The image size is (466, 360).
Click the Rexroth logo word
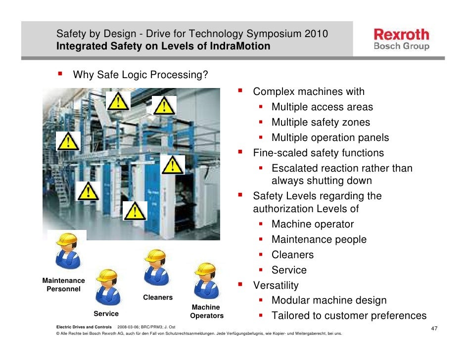(x=401, y=35)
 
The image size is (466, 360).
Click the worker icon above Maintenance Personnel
(x=67, y=252)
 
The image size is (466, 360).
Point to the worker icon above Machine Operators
(x=204, y=282)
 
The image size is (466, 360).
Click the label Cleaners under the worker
(x=158, y=297)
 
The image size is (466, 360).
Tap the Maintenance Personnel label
(x=63, y=284)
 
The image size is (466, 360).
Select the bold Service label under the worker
(x=106, y=314)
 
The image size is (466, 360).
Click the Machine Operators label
(x=207, y=312)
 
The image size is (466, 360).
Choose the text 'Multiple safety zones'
(x=321, y=122)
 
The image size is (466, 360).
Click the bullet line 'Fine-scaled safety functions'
(x=318, y=153)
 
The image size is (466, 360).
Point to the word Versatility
(x=276, y=285)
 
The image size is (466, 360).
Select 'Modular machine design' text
(x=329, y=300)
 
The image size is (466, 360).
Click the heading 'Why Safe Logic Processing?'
(x=140, y=75)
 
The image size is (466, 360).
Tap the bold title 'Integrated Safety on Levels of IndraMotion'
(x=163, y=46)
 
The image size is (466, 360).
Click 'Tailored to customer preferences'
(x=349, y=315)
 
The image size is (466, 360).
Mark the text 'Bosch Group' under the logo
(x=401, y=46)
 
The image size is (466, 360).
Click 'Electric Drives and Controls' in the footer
(x=84, y=327)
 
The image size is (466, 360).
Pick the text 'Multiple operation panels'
(x=330, y=137)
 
